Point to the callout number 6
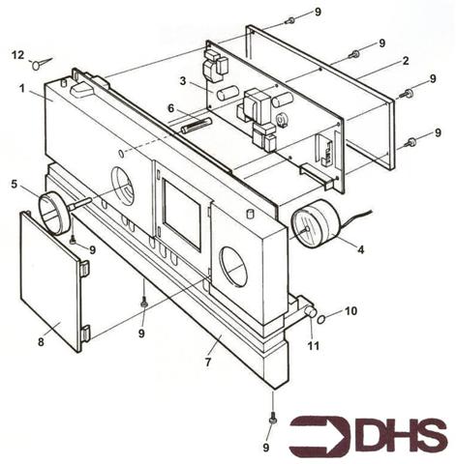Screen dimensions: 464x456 (x=170, y=108)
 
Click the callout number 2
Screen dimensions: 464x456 (x=405, y=60)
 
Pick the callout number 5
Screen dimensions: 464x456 (x=15, y=182)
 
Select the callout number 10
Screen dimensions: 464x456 (x=351, y=311)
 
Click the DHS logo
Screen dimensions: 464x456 (x=369, y=436)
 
